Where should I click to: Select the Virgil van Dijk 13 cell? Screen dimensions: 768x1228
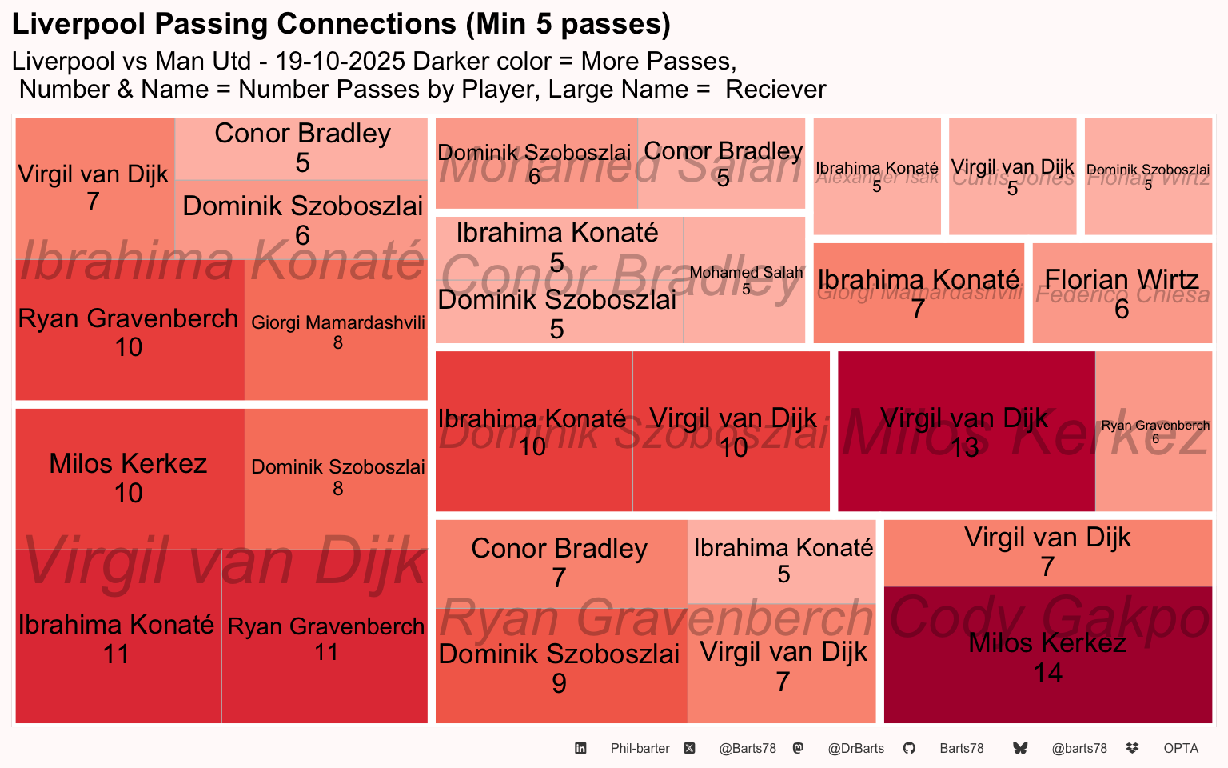pyautogui.click(x=966, y=431)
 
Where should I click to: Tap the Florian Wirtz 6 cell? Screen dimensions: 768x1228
pyautogui.click(x=1122, y=293)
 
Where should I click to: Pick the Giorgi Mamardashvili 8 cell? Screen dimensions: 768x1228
pyautogui.click(x=337, y=330)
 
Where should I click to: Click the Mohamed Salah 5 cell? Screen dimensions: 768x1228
pyautogui.click(x=744, y=280)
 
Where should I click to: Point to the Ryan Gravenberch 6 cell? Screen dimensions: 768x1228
pyautogui.click(x=1154, y=431)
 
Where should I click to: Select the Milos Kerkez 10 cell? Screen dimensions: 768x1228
pyautogui.click(x=130, y=478)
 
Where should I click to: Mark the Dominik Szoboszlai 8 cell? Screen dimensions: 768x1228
pyautogui.click(x=337, y=478)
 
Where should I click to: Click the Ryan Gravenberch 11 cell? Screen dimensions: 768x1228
pyautogui.click(x=325, y=638)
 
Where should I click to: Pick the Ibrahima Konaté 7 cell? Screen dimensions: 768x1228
pyautogui.click(x=918, y=293)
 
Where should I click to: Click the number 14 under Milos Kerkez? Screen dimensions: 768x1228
pyautogui.click(x=1047, y=674)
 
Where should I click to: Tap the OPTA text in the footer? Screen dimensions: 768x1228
pyautogui.click(x=1181, y=749)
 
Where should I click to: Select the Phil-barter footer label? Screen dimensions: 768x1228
pyautogui.click(x=640, y=749)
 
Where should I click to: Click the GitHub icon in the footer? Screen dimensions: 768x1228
pyautogui.click(x=909, y=749)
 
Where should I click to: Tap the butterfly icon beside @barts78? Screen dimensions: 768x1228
pyautogui.click(x=1020, y=749)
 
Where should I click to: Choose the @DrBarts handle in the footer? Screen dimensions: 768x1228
pyautogui.click(x=855, y=749)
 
